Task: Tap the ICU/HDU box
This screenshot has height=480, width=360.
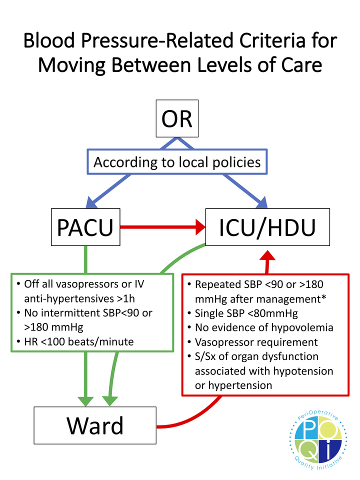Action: pyautogui.click(x=268, y=227)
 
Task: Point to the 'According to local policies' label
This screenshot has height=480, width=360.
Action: pyautogui.click(x=177, y=162)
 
